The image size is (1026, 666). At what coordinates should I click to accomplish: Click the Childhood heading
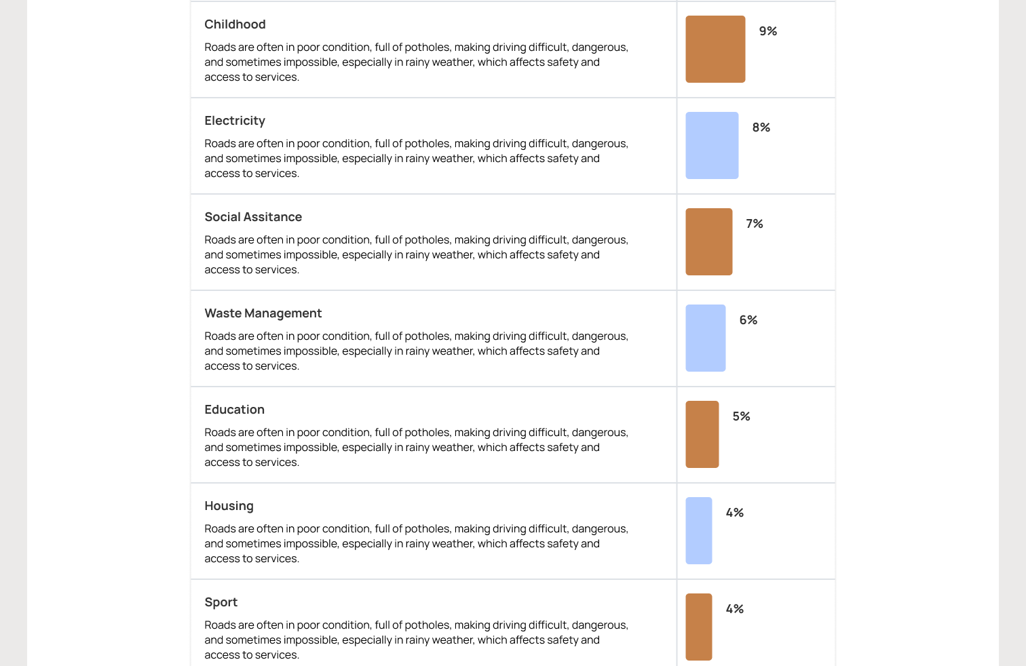[x=235, y=24]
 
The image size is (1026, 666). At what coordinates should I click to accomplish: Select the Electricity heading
[x=235, y=121]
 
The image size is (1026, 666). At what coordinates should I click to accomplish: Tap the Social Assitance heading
[x=253, y=217]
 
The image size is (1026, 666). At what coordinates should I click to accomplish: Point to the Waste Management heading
[x=263, y=313]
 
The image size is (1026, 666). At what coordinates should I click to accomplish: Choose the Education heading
[x=234, y=410]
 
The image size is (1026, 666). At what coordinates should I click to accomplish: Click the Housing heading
[x=229, y=506]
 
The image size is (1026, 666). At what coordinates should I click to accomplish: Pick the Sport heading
[x=221, y=602]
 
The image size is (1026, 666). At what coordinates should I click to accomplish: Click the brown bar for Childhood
[x=715, y=50]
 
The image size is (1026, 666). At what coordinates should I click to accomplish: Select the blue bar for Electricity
[x=712, y=146]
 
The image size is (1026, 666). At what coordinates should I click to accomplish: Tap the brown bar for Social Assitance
[x=708, y=242]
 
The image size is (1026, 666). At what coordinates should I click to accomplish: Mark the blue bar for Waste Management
[x=705, y=338]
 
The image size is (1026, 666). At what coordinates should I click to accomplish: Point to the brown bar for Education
[x=702, y=435]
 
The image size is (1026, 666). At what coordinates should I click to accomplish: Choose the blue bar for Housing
[x=698, y=531]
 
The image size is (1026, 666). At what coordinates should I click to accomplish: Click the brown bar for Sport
[x=698, y=627]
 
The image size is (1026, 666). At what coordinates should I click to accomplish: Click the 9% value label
[x=767, y=31]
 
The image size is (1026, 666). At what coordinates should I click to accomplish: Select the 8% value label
[x=761, y=128]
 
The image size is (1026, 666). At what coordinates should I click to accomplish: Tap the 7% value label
[x=754, y=224]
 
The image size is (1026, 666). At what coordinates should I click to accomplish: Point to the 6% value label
[x=748, y=320]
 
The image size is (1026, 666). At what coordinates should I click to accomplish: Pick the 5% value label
[x=741, y=416]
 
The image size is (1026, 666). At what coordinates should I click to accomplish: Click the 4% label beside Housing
[x=734, y=513]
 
